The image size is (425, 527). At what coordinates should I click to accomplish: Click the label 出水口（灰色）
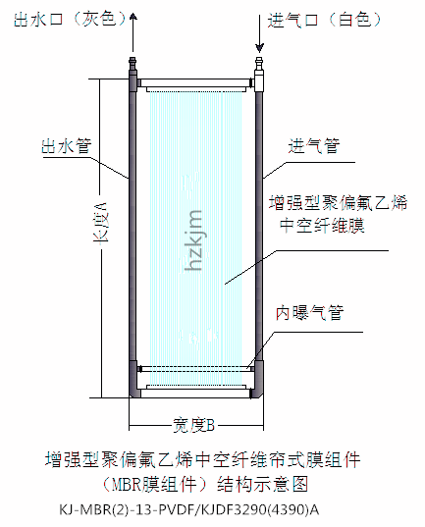70,19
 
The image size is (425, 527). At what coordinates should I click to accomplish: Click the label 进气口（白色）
325,20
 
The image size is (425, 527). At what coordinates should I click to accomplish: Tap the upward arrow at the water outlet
133,32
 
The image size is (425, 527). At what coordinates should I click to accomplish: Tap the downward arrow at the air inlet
259,33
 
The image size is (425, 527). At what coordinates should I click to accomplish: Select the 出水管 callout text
66,146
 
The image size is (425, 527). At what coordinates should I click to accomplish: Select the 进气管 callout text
314,146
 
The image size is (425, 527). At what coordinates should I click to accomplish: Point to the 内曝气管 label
310,313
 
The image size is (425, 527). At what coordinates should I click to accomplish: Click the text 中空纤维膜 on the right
322,225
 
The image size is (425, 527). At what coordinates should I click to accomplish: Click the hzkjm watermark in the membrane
194,240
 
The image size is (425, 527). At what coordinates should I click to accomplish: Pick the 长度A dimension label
100,222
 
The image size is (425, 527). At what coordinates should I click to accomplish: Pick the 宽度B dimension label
193,425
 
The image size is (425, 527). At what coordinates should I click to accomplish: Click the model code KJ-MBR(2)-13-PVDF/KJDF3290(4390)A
189,510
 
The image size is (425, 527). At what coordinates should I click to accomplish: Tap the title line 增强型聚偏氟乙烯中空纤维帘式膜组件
203,460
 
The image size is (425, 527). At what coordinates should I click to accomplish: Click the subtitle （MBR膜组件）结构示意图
204,485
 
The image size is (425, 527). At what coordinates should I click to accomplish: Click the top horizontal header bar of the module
195,82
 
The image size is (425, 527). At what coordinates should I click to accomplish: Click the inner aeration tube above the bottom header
195,369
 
